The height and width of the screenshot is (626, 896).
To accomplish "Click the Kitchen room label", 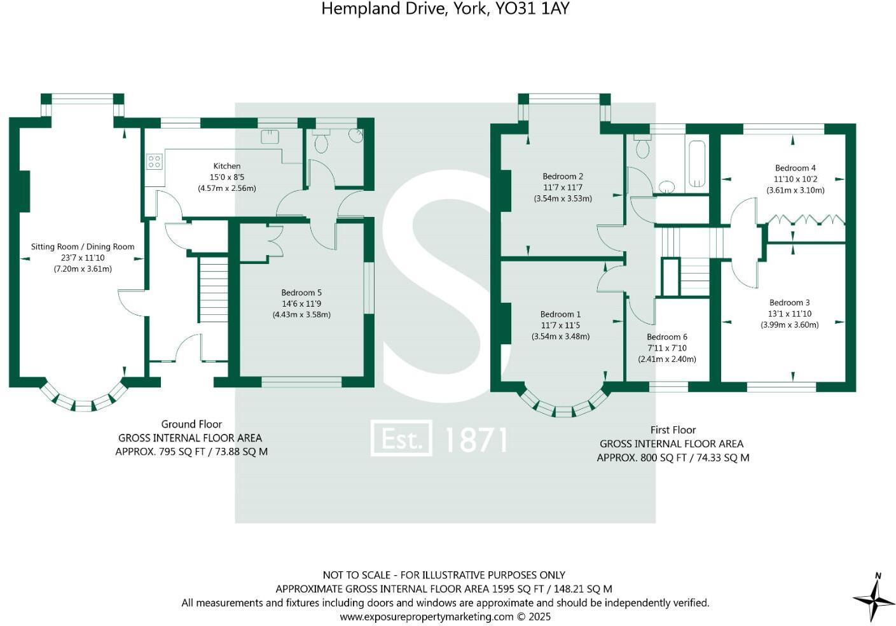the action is pyautogui.click(x=226, y=166).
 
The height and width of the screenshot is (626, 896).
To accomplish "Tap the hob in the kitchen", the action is pyautogui.click(x=155, y=162).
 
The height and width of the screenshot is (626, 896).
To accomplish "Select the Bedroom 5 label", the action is pyautogui.click(x=301, y=293).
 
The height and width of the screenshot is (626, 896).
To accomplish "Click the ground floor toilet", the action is pyautogui.click(x=321, y=143).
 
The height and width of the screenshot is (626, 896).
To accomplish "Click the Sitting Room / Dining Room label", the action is pyautogui.click(x=83, y=247).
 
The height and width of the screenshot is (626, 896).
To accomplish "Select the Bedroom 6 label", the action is pyautogui.click(x=667, y=337).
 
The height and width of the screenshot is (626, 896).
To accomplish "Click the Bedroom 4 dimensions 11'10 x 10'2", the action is pyautogui.click(x=795, y=179).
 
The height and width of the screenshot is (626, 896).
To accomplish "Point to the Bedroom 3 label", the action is pyautogui.click(x=789, y=303).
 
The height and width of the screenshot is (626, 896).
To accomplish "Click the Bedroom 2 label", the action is pyautogui.click(x=563, y=176).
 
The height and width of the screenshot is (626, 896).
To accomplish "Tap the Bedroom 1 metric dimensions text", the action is pyautogui.click(x=560, y=336).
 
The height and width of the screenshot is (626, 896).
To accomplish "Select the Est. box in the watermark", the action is pyautogui.click(x=401, y=438).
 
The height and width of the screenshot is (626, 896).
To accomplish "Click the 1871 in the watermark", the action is pyautogui.click(x=476, y=439).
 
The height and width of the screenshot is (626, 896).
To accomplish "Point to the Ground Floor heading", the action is pyautogui.click(x=191, y=424).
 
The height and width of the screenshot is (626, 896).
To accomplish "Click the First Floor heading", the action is pyautogui.click(x=673, y=430).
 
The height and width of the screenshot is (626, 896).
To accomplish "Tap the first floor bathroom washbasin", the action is pyautogui.click(x=666, y=186).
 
